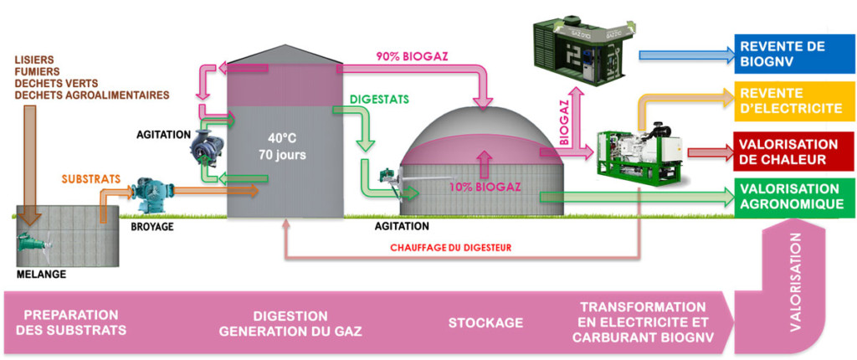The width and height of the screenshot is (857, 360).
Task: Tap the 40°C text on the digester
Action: [284, 138]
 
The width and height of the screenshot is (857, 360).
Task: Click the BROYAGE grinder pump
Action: [153, 194]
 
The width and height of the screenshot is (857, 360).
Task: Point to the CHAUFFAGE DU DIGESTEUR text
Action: [451, 248]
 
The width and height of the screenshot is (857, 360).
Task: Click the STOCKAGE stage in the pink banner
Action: [485, 323]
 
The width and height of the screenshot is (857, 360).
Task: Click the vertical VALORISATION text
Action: [794, 285]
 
